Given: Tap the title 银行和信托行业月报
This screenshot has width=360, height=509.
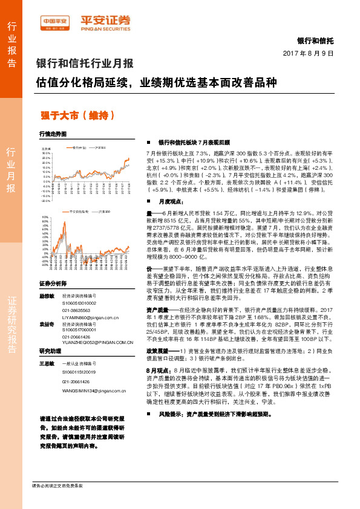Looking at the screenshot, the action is click(x=85, y=63).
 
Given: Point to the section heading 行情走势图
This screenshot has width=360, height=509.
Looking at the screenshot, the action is click(x=53, y=134).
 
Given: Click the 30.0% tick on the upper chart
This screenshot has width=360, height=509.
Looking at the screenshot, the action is click(x=46, y=154).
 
